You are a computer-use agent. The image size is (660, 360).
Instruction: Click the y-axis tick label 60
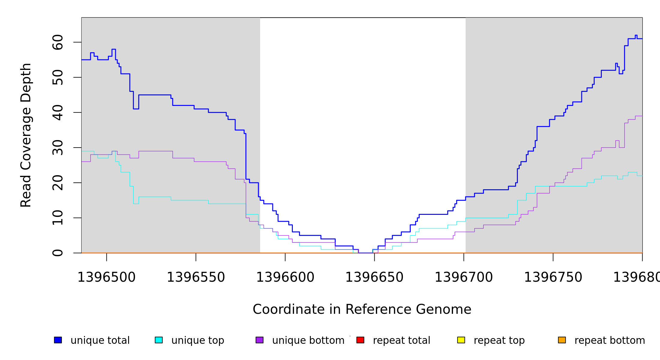[x=58, y=42]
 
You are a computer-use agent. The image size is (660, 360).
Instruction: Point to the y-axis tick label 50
[x=58, y=77]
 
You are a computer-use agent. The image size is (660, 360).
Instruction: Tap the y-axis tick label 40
[x=58, y=112]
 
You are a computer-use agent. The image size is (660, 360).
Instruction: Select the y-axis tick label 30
[x=58, y=148]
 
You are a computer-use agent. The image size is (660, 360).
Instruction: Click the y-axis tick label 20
[x=58, y=183]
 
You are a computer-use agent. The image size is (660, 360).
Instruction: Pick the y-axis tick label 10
[x=58, y=218]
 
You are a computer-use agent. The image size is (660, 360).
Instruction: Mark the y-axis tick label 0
[x=58, y=253]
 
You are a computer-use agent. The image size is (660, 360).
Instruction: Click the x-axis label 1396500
[x=106, y=277]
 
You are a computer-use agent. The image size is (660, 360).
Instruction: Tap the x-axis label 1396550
[x=196, y=277]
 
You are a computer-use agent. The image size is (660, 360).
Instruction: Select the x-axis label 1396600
[x=285, y=277]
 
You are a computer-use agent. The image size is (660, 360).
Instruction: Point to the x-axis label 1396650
[x=374, y=277]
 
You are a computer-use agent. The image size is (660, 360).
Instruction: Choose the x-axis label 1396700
[x=464, y=277]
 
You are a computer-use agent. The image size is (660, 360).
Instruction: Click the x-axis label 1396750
[x=553, y=277]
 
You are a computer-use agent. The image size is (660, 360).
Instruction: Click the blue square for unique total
[x=58, y=340]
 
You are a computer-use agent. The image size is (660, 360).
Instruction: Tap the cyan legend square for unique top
[x=159, y=340]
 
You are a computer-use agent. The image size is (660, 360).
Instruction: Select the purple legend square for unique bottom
[x=259, y=340]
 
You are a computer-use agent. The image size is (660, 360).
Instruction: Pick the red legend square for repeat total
[x=360, y=340]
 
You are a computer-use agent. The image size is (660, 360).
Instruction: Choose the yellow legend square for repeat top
[x=461, y=340]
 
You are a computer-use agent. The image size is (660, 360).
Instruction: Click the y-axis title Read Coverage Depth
[x=26, y=135]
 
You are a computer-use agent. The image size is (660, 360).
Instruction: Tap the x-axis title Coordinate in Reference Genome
[x=362, y=310]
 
